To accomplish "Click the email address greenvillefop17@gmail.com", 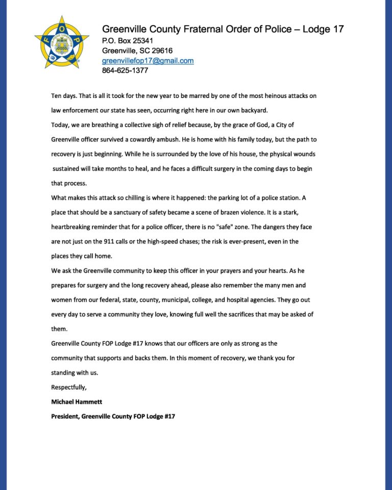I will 148,61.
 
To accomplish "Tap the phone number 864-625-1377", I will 125,70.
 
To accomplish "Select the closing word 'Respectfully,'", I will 69,387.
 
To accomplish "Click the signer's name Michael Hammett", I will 77,402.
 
